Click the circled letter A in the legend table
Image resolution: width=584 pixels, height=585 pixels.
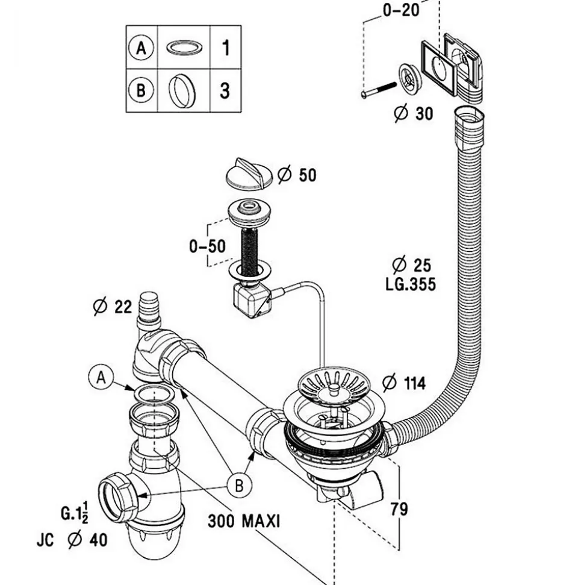pyautogui.click(x=141, y=48)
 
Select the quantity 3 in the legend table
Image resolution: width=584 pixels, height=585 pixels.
pyautogui.click(x=225, y=90)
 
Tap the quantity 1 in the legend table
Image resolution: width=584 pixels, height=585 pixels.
pyautogui.click(x=225, y=48)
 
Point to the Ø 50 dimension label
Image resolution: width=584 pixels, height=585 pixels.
pyautogui.click(x=297, y=175)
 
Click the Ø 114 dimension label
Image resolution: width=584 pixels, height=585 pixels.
pyautogui.click(x=404, y=383)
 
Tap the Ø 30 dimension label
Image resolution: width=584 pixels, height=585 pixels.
pyautogui.click(x=414, y=113)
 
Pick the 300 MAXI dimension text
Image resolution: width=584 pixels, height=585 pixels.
pyautogui.click(x=244, y=521)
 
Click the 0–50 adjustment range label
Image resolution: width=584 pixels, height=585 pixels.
pyautogui.click(x=207, y=246)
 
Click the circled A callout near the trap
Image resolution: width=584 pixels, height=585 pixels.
pyautogui.click(x=101, y=378)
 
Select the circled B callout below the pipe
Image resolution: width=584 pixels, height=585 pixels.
pyautogui.click(x=239, y=486)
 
